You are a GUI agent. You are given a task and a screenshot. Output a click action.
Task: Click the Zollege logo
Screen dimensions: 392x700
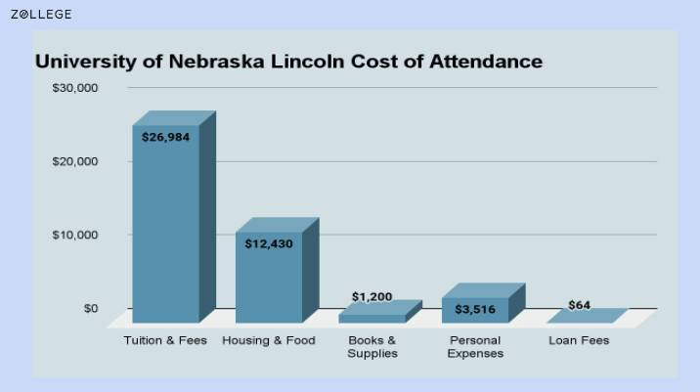coord(41,15)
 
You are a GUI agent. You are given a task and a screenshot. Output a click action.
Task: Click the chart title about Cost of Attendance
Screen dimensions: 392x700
coord(288,62)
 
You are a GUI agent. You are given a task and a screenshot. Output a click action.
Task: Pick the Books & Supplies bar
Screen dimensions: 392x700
coord(372,317)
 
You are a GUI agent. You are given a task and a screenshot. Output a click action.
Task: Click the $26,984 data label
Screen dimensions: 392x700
coord(165,137)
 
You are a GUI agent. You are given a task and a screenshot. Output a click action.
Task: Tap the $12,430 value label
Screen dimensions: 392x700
coord(269,243)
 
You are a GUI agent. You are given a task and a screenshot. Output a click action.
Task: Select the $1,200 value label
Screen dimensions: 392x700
coord(372,296)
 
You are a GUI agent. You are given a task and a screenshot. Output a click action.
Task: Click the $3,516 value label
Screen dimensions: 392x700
coord(475,309)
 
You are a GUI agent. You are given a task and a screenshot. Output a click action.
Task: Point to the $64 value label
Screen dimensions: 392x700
coord(580,305)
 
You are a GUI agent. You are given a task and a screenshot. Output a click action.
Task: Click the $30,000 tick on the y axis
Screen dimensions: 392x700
coord(75,88)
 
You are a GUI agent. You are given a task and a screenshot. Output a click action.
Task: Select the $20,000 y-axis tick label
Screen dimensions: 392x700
coord(75,161)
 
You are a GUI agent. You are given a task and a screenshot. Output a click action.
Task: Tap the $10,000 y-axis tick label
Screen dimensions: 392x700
coord(75,235)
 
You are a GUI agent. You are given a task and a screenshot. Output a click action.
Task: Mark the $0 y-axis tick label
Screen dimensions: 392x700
coord(90,308)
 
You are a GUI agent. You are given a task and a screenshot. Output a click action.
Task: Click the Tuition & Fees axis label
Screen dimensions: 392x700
coord(165,340)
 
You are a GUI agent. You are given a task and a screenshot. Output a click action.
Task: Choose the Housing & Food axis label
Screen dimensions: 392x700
coord(269,340)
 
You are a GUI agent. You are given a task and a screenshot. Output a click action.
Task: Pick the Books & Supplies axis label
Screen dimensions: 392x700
coord(372,346)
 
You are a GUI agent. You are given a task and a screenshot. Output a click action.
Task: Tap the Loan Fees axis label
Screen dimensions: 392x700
coord(579,340)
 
